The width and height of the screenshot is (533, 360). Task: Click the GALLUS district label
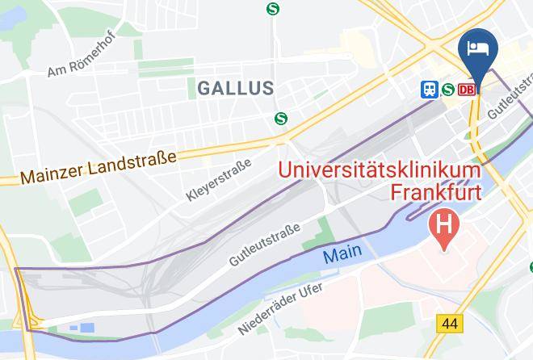pos(233,87)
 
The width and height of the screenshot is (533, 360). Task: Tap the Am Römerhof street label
pos(81,58)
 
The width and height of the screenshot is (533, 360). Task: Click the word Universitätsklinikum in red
pos(380,171)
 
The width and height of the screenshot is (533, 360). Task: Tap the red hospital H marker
pos(443,220)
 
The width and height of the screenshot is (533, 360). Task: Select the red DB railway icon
pos(467,90)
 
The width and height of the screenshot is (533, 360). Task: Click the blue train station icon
pos(428,90)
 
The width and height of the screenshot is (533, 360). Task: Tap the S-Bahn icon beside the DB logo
pos(447,90)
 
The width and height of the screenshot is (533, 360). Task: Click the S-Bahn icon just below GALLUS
pos(281,118)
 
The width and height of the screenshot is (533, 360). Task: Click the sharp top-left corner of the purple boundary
pos(15,268)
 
